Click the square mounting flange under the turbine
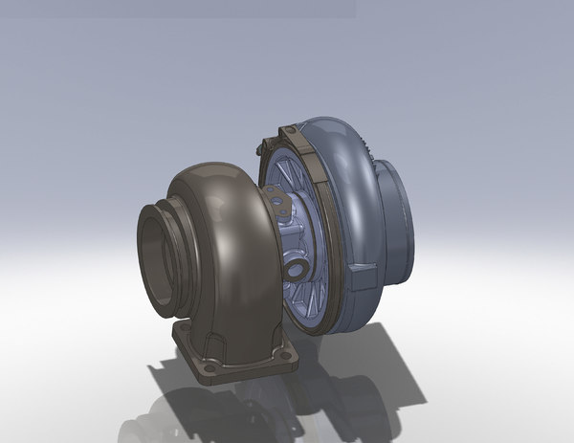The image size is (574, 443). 234,356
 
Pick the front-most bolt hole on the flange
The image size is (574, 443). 207,368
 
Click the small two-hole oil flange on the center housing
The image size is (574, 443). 278,204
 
